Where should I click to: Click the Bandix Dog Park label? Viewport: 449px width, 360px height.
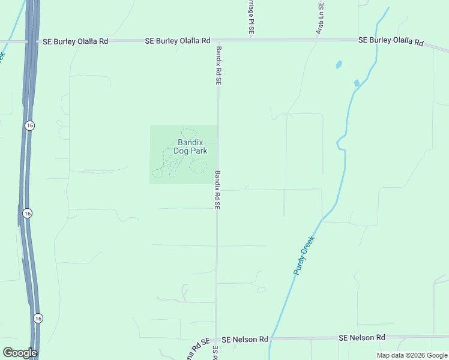point(190,146)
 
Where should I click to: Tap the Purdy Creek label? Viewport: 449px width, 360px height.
point(304,255)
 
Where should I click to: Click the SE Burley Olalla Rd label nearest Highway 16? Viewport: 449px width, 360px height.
point(76,41)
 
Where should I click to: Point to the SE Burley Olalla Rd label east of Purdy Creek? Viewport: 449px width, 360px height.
point(391,41)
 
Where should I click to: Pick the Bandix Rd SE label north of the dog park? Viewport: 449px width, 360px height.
point(219,65)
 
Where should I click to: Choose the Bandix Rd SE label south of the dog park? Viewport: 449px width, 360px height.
point(218,190)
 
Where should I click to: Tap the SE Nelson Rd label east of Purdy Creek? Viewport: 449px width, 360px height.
point(362,338)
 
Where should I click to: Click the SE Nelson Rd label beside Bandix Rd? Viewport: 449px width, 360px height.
point(245,340)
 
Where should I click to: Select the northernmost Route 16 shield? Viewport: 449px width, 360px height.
point(30,125)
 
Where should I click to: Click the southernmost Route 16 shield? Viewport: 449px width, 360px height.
point(38,318)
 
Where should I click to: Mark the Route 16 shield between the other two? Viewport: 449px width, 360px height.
point(28,213)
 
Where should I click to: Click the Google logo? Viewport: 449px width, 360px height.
point(20,353)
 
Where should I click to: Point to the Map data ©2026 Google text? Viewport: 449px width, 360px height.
point(412,355)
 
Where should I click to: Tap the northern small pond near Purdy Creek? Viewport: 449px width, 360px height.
point(339,64)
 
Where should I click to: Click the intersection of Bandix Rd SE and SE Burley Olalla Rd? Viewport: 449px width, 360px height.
point(217,41)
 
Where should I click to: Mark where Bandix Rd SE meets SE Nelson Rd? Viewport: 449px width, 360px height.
point(216,340)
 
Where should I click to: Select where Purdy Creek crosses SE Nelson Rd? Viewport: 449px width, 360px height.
point(270,339)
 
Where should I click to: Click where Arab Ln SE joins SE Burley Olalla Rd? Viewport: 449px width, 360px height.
point(318,40)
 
